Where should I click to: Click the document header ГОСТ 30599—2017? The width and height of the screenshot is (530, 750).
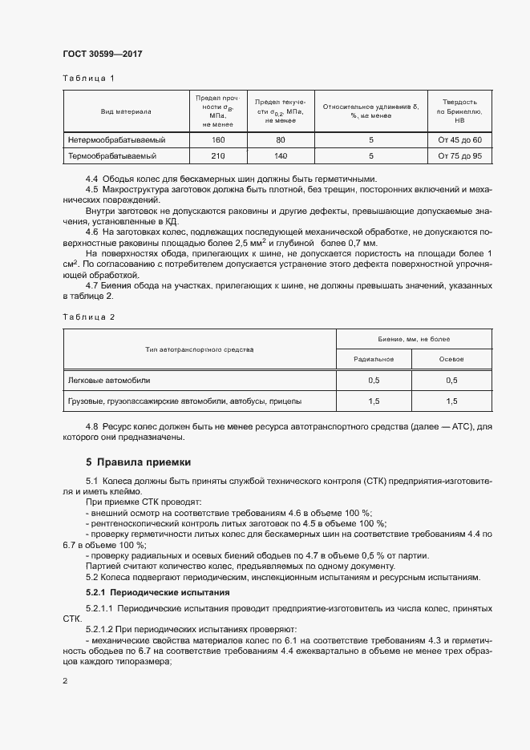click(x=103, y=54)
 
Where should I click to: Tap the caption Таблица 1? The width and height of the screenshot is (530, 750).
click(x=90, y=79)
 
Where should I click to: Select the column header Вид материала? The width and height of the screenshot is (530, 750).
click(x=125, y=111)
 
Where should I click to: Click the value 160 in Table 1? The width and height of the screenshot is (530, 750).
click(x=217, y=140)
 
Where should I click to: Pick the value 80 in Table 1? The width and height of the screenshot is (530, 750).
click(x=280, y=140)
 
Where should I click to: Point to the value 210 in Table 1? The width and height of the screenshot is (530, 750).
click(x=217, y=155)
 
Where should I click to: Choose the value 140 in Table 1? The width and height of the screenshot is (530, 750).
click(x=280, y=155)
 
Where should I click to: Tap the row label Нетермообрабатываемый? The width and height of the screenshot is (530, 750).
click(x=111, y=140)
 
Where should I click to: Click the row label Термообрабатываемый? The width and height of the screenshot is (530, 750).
click(x=106, y=155)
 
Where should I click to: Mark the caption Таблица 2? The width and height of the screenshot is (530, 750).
click(x=90, y=317)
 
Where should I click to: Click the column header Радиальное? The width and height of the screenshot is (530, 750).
click(x=373, y=359)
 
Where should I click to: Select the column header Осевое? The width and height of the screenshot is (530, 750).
click(x=451, y=359)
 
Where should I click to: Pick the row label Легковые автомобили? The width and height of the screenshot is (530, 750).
click(x=108, y=380)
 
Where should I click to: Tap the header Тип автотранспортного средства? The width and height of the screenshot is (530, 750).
click(x=200, y=349)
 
